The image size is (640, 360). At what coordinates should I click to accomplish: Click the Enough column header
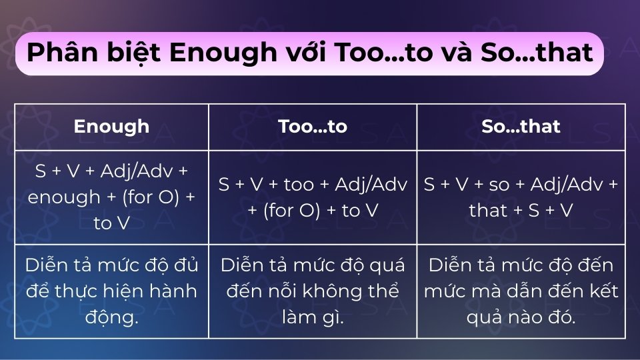tap(111, 127)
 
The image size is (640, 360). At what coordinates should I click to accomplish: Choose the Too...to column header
tap(313, 127)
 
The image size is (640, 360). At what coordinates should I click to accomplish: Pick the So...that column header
tap(521, 127)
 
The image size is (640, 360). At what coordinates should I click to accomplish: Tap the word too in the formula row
tap(299, 185)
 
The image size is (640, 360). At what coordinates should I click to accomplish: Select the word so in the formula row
tap(499, 185)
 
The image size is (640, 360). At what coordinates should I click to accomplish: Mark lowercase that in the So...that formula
tap(489, 211)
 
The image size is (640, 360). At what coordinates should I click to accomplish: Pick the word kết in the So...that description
tap(605, 291)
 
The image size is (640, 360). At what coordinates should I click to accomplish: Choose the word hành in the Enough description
tap(177, 291)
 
